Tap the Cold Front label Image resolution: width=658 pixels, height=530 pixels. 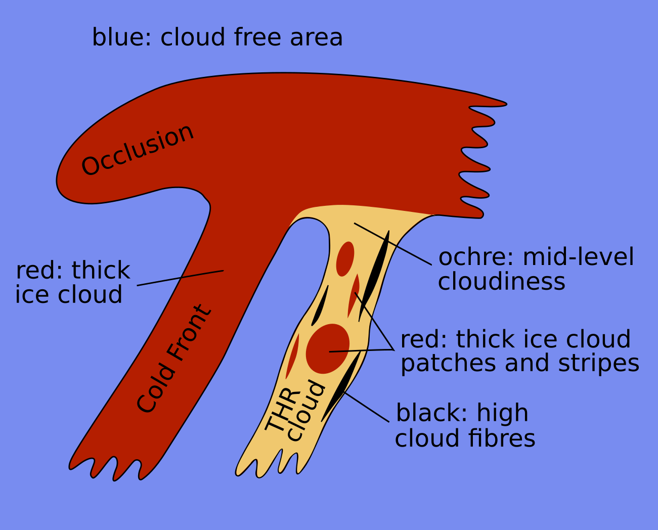coord(174,359)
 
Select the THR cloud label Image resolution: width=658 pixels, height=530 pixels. coord(295,411)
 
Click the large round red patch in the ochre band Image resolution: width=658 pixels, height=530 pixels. coord(327,349)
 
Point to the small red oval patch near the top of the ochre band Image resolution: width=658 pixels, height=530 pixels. coord(345,259)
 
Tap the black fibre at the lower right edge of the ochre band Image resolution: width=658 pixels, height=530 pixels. coord(342,385)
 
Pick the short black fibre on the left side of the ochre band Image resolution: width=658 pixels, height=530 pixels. coord(320,306)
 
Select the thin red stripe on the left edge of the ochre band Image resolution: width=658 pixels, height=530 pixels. coord(292,356)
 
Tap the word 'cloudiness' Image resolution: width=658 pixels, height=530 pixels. coord(501,281)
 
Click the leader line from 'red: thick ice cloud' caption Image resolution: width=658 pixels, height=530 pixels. coord(180,278)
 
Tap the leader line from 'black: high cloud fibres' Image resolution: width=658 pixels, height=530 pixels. coord(367,407)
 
